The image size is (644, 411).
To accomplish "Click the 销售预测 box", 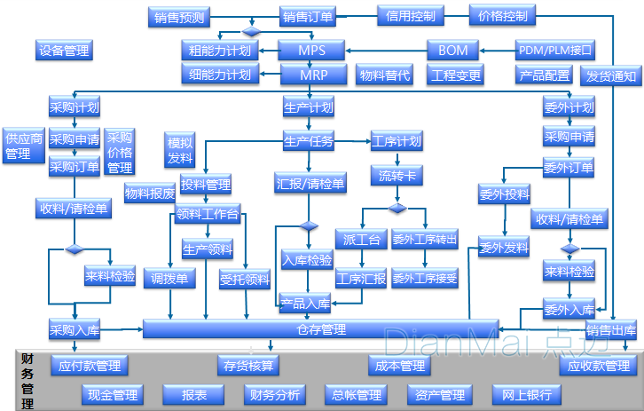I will pos(179,17).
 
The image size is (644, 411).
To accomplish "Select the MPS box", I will pos(311,50).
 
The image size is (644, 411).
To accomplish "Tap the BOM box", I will pos(453,50).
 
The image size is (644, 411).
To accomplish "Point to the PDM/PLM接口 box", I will pos(555,50).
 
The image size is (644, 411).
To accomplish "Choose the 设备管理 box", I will pos(64,50).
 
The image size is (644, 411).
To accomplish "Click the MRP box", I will pos(313,75).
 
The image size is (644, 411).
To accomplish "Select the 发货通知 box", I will pos(611,76).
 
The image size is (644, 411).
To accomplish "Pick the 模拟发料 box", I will pos(180,149).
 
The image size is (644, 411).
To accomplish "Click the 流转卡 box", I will pos(397,176).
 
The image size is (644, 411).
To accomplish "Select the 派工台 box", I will pos(361,239).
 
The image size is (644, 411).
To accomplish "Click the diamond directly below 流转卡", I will pos(397,209).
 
